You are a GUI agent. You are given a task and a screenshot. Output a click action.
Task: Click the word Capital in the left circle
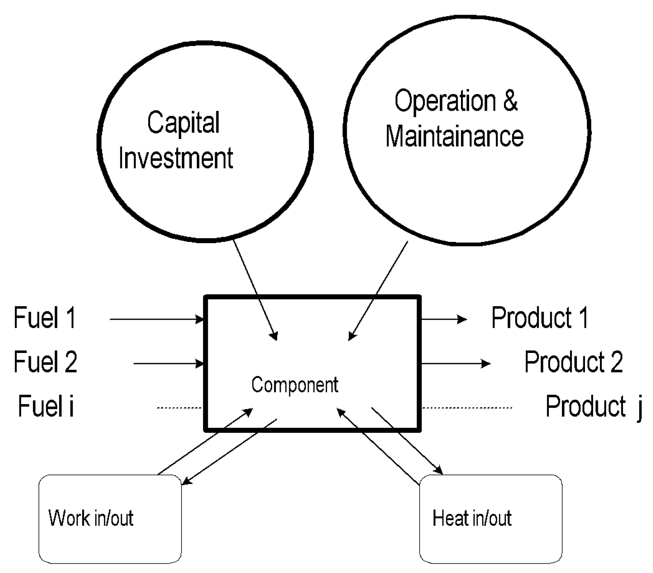[183, 123]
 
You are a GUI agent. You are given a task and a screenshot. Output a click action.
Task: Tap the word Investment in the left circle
[175, 158]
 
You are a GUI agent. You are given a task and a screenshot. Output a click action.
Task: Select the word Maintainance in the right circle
[454, 136]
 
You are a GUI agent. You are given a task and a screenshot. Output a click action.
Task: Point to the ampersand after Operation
[510, 100]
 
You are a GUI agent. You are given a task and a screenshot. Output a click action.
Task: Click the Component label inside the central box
[294, 385]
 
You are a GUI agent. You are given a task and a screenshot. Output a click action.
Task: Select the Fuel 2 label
[45, 361]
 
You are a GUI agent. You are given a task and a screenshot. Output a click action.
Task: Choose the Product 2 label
[573, 361]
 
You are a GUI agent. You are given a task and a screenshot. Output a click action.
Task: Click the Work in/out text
[91, 518]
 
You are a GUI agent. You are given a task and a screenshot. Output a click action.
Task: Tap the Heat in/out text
[472, 518]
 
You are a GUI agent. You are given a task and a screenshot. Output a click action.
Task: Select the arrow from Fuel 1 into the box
[156, 319]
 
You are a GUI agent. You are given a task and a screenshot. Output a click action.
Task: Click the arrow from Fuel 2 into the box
[168, 363]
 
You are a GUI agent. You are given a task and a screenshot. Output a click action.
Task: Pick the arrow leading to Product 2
[456, 363]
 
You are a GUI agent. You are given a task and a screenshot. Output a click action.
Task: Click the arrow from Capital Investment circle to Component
[255, 290]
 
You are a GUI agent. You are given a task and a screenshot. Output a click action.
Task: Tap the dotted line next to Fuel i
[179, 407]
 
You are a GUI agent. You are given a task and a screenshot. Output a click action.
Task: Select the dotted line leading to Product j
[467, 407]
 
